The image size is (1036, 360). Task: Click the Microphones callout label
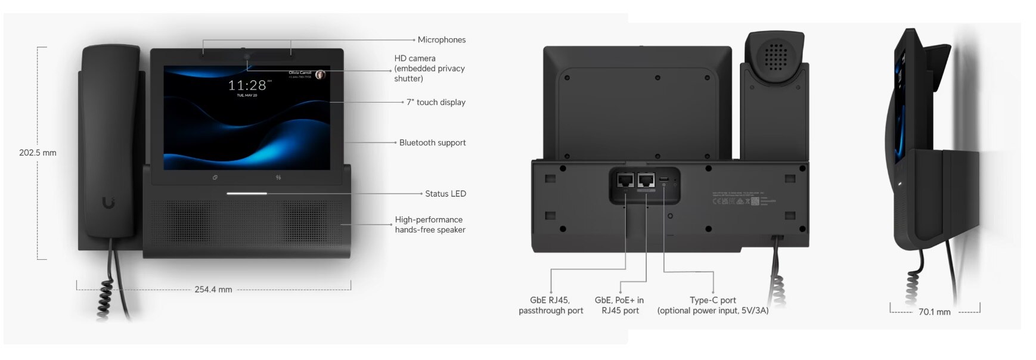tap(441, 40)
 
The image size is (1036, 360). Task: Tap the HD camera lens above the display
tap(246, 57)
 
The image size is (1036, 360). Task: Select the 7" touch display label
tap(436, 103)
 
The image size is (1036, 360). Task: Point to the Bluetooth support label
tap(432, 143)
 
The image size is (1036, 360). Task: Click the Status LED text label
tap(445, 194)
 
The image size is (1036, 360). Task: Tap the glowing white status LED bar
tap(246, 193)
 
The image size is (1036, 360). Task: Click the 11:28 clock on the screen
tap(247, 85)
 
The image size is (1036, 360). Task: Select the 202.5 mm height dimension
tap(38, 153)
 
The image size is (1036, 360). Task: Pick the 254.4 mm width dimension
tap(213, 290)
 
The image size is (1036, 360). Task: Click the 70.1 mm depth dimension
tap(934, 312)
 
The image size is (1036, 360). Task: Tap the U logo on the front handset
tap(108, 203)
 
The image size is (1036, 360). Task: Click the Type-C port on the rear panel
tap(664, 179)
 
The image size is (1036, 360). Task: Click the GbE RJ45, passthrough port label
tap(550, 305)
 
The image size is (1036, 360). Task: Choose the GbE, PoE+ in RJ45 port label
tap(619, 305)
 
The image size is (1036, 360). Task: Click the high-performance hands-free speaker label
tap(429, 225)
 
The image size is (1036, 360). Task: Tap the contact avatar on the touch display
tap(320, 75)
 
